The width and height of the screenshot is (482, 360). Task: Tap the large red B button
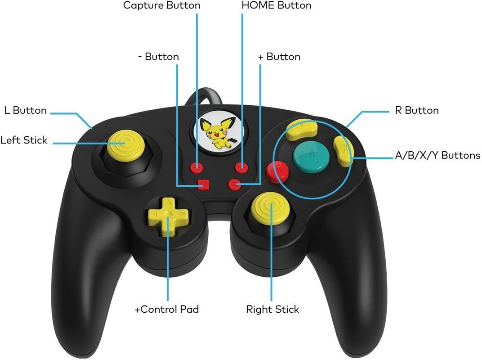click(x=277, y=172)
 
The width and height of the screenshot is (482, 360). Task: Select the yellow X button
click(x=344, y=151)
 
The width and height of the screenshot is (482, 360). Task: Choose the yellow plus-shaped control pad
click(x=168, y=216)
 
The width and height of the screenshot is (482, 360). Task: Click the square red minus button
click(x=203, y=184)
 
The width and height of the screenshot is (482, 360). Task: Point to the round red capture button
click(x=197, y=168)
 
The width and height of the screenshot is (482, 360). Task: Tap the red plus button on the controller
click(x=234, y=184)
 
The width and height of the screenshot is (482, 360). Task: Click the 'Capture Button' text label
click(x=162, y=5)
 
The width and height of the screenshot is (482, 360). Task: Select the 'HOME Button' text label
click(x=277, y=5)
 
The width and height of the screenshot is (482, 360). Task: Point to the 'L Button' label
click(x=26, y=110)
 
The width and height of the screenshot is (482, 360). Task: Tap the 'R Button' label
click(x=417, y=110)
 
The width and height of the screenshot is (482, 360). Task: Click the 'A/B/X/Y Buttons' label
click(x=437, y=155)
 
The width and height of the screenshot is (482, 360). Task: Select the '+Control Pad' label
click(x=167, y=309)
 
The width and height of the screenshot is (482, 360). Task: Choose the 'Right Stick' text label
click(x=272, y=310)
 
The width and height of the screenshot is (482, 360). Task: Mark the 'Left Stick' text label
click(x=24, y=140)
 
